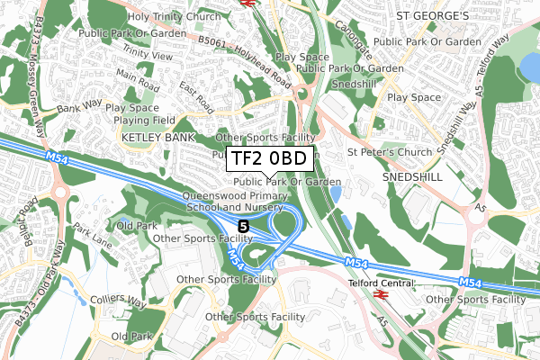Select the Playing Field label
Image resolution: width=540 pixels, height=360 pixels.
tap(141, 120)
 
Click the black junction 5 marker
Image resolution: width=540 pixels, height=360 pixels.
tap(244, 224)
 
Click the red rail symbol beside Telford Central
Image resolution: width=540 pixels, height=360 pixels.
tap(382, 294)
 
